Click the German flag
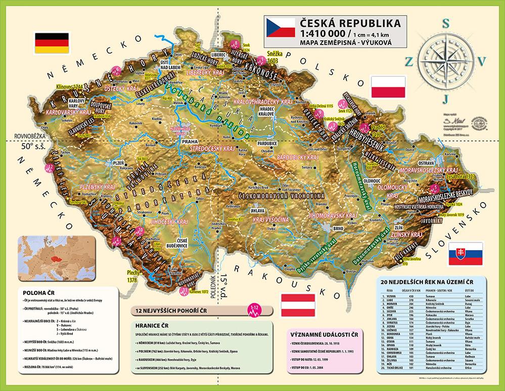coord(51,43)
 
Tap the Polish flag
coord(388,87)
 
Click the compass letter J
coord(445,97)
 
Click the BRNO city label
coord(339,228)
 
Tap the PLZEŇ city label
coord(118,163)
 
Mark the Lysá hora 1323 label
coord(460,177)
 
